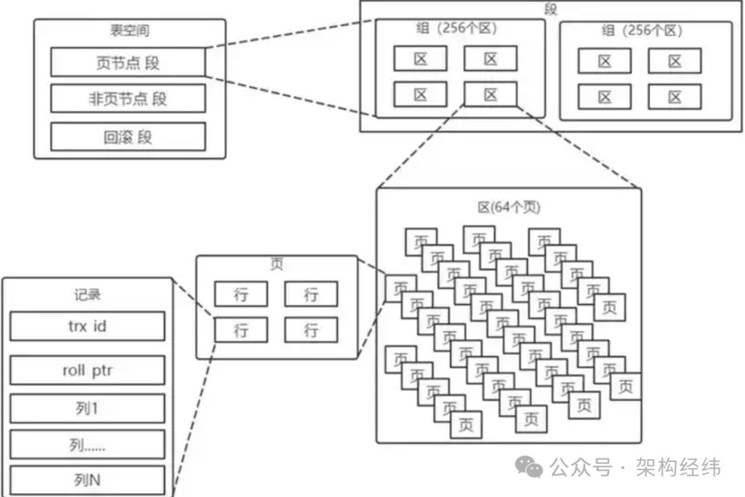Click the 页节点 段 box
pyautogui.click(x=128, y=63)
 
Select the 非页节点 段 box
pyautogui.click(x=128, y=99)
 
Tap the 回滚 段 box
pyautogui.click(x=128, y=136)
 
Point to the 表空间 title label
pyautogui.click(x=129, y=30)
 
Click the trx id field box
pyautogui.click(x=87, y=326)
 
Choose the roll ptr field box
pyautogui.click(x=87, y=370)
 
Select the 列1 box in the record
pyautogui.click(x=87, y=409)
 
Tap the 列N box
pyautogui.click(x=87, y=480)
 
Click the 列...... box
pyautogui.click(x=87, y=445)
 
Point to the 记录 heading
pyautogui.click(x=87, y=294)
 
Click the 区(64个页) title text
pyautogui.click(x=509, y=207)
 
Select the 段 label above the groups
pyautogui.click(x=550, y=10)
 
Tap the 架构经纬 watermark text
pyautogui.click(x=679, y=467)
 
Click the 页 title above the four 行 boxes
pyautogui.click(x=277, y=265)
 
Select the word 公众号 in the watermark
pyautogui.click(x=581, y=468)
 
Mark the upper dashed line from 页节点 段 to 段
pyautogui.click(x=290, y=34)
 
